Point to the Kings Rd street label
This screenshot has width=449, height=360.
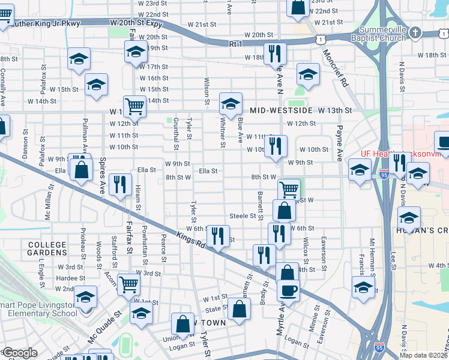(187, 238)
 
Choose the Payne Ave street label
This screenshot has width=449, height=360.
(340, 143)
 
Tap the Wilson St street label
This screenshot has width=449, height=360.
(206, 91)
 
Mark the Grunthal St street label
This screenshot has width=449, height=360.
(176, 134)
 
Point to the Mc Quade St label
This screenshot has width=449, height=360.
(105, 326)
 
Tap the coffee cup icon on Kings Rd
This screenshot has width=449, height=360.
(288, 290)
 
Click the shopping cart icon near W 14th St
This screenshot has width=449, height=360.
(134, 106)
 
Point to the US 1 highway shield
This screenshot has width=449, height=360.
(322, 39)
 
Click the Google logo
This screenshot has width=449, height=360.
(20, 353)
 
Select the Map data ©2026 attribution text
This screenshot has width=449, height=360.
(424, 355)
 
